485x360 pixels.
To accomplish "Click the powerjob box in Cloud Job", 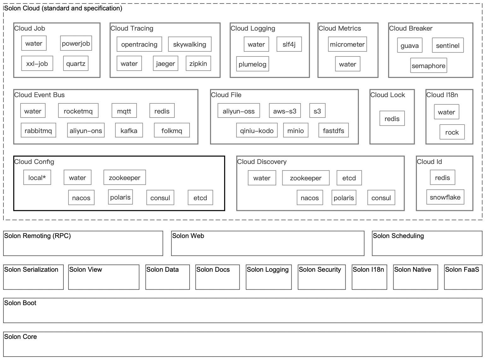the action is [x=76, y=43].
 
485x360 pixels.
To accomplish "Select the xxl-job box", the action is [x=37, y=63].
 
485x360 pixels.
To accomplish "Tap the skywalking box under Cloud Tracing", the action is [x=190, y=44].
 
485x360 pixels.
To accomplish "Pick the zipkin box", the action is [x=198, y=63].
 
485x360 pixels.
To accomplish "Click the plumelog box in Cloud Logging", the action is [x=252, y=64].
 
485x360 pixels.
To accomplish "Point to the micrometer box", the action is [x=347, y=44].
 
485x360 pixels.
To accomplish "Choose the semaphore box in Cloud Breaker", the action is [x=428, y=65].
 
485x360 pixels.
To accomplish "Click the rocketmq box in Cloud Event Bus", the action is [x=78, y=111].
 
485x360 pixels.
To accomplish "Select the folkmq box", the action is [x=172, y=130].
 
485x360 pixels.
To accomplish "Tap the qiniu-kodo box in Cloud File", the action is [x=257, y=130].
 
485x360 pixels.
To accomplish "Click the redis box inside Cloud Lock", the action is [x=392, y=118].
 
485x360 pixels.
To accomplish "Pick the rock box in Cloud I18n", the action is [x=452, y=132].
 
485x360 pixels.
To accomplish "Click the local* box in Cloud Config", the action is [x=37, y=177].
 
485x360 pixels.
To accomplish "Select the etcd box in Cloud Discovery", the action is [x=349, y=178].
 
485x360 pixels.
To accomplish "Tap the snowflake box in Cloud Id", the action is [x=445, y=197].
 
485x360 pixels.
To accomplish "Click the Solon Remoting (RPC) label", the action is [x=38, y=236].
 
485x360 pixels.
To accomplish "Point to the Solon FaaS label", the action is [x=462, y=270].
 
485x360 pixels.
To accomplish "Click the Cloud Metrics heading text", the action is [x=340, y=28].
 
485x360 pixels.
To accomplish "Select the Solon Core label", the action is [x=20, y=337].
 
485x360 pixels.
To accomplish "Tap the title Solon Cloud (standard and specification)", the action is [x=63, y=8].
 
